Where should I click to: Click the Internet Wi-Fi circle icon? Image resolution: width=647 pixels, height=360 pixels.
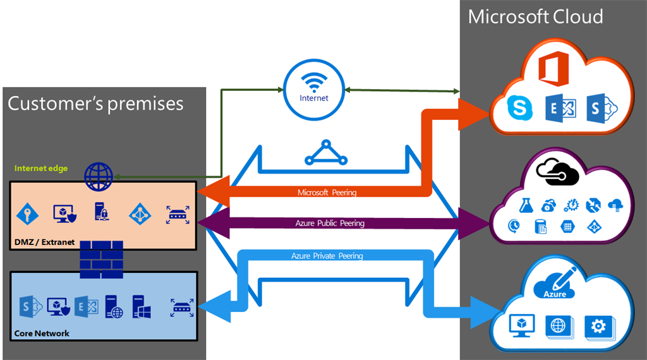coord(313,89)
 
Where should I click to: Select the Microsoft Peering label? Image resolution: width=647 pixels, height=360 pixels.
coord(327,192)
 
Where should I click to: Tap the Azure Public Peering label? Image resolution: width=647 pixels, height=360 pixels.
coord(330,223)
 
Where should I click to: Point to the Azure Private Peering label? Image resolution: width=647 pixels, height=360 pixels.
coord(327,256)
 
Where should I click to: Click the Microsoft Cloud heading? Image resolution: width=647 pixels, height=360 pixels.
coord(535,16)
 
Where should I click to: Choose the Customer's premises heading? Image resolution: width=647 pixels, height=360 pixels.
coord(95,103)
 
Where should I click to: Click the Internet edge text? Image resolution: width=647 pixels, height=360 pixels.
coord(41,169)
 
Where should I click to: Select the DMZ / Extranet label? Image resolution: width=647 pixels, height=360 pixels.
coord(44,241)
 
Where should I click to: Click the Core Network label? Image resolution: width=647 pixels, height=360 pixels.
coord(42,333)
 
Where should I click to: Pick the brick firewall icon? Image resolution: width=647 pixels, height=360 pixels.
coord(101,260)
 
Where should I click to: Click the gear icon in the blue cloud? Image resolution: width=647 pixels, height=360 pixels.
coord(597,326)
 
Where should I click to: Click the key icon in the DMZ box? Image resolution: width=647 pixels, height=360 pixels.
coord(28,214)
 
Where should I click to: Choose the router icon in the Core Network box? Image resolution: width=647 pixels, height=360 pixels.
coord(182,308)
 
